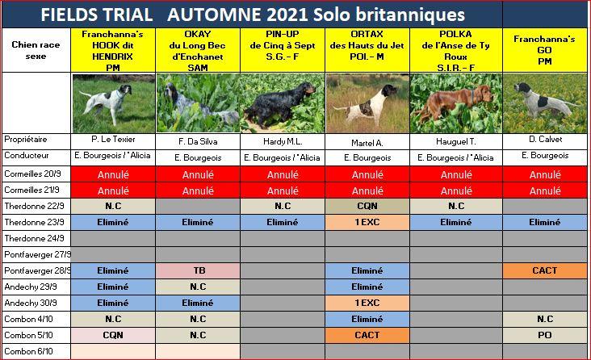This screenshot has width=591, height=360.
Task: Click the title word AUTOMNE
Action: point(214,15)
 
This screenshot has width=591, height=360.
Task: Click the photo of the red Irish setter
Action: point(456,103)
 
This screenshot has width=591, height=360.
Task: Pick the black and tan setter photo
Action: point(283,103)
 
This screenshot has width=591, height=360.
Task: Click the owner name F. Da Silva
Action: point(198,142)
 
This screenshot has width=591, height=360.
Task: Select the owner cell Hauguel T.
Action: point(456,142)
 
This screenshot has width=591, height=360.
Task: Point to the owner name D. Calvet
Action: point(545,140)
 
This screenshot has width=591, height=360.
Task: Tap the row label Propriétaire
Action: point(26,140)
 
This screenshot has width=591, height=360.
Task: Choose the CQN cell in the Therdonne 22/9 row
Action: point(367,206)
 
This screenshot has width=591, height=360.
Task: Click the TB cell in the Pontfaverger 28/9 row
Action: point(198,270)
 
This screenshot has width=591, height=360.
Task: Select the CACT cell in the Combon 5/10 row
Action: point(367,335)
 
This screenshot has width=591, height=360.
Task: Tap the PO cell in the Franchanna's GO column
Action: point(545,335)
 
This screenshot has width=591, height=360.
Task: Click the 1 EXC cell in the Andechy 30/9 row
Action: point(367,303)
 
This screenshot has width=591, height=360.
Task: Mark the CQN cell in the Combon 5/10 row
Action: point(113,335)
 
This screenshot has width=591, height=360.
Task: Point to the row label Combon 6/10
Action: point(28,351)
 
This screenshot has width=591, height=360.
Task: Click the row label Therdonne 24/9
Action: point(34,239)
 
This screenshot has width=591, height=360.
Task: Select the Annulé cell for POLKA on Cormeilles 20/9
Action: point(456,174)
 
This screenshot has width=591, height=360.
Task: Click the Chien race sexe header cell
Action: point(36,50)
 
